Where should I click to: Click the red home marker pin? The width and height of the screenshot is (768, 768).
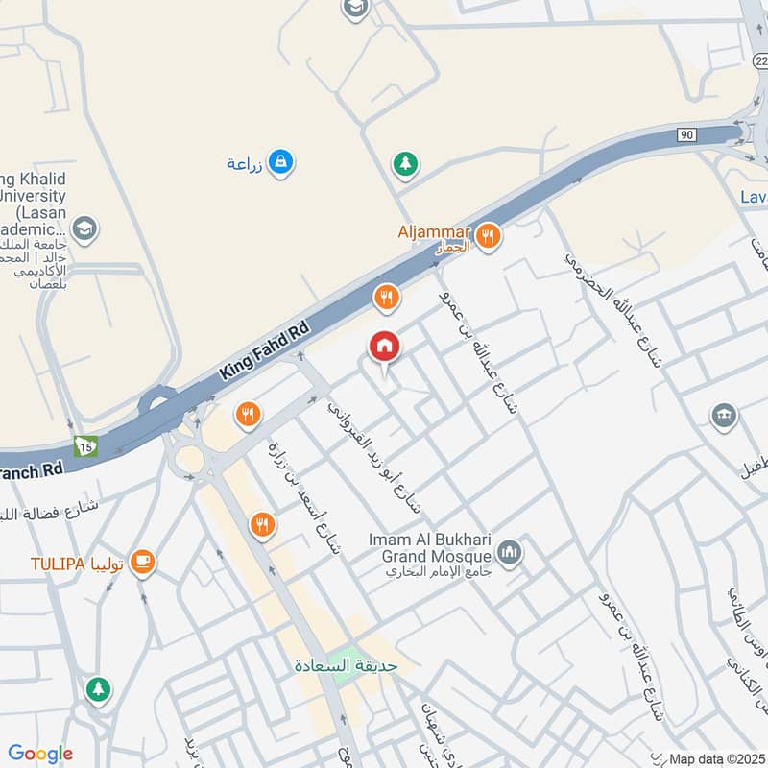(384, 347)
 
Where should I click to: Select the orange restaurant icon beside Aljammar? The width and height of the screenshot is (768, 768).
(489, 235)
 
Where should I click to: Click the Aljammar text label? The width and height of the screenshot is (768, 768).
(434, 232)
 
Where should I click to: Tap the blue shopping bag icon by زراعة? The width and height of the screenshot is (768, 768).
(280, 162)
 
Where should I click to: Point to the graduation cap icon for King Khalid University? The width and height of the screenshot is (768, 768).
(84, 229)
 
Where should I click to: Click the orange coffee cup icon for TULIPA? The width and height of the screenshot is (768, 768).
(142, 562)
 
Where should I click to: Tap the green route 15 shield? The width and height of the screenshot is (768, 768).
(87, 445)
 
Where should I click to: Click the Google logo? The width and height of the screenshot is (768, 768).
(40, 754)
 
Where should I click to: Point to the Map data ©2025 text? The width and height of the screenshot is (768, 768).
(715, 758)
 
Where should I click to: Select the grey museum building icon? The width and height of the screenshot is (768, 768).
(724, 416)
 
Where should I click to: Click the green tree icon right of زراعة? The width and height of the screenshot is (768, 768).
(405, 164)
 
